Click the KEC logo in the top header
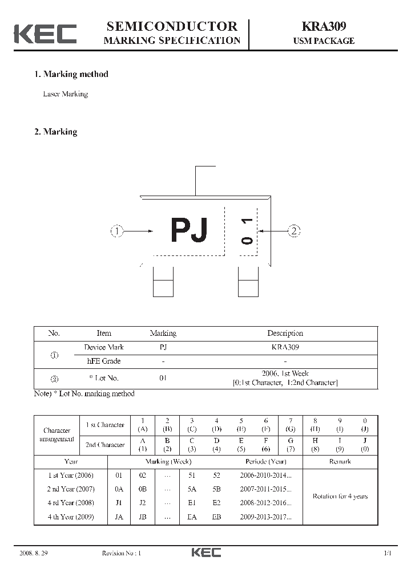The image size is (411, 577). (45, 34)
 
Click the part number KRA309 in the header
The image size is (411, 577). (323, 26)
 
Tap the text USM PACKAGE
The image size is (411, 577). (323, 41)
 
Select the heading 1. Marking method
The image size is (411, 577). (71, 74)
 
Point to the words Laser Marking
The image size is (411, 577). (66, 94)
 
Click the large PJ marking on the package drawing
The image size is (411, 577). (189, 231)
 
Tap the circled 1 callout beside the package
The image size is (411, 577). (117, 231)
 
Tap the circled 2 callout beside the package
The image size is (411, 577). (294, 231)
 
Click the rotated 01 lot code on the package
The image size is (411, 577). (247, 231)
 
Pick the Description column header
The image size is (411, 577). (285, 333)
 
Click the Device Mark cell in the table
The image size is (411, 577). (103, 347)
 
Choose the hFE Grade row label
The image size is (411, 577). (103, 361)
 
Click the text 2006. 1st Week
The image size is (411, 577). (285, 373)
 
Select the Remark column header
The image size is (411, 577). (340, 461)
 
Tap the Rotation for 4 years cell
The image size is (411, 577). (340, 496)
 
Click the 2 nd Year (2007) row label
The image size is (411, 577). (71, 489)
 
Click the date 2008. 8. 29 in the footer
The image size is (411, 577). (34, 553)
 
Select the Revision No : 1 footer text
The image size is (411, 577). (121, 553)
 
